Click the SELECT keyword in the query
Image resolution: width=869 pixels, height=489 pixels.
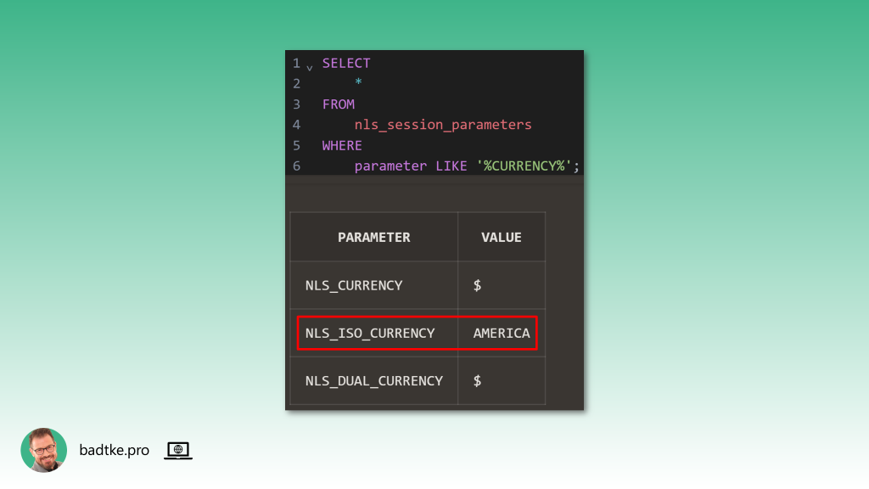pos(346,63)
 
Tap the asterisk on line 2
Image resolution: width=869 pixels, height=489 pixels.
pos(359,84)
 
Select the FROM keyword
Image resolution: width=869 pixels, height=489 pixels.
pos(339,104)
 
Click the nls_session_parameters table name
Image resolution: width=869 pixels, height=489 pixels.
pos(443,125)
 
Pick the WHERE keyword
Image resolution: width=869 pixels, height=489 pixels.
pos(342,145)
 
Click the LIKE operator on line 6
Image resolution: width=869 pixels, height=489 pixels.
pos(451,166)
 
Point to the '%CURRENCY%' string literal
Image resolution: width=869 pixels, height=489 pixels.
pos(524,166)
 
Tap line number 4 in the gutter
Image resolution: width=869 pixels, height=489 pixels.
pos(296,125)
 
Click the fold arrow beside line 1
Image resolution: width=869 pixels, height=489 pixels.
pos(309,66)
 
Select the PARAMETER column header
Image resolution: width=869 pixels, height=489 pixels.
pos(373,238)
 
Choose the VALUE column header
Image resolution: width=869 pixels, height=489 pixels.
pos(502,238)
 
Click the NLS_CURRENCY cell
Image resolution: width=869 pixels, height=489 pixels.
pos(354,285)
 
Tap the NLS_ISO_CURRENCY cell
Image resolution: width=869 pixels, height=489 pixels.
pos(370,333)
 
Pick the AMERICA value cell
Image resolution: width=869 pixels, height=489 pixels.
pos(502,333)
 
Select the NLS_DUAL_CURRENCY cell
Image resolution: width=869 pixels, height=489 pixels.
pos(374,380)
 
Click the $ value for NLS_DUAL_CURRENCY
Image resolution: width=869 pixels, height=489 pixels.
pos(478,380)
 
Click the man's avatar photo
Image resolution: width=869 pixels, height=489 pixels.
pos(44,450)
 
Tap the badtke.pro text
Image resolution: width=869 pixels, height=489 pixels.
pos(114,450)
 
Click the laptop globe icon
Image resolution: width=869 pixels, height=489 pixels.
pos(178,450)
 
